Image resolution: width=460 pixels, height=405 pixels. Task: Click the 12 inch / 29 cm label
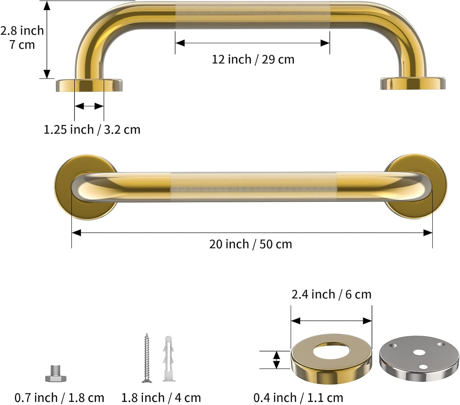(253, 59)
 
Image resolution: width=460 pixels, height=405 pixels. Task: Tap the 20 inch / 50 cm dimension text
(251, 244)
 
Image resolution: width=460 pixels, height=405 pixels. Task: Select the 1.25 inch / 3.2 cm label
(92, 130)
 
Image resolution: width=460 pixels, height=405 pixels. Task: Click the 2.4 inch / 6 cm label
(331, 294)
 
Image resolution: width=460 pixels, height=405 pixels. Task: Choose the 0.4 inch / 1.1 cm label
(298, 398)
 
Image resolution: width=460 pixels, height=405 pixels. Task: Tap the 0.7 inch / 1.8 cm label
(60, 398)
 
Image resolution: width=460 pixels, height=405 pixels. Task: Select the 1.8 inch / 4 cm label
(161, 398)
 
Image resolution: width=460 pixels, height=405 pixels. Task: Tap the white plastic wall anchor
(168, 359)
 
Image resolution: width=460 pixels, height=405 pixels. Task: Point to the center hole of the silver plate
(419, 353)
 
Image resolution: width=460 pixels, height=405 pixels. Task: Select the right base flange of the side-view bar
(413, 83)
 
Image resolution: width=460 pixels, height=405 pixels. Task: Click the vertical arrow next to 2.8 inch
(47, 40)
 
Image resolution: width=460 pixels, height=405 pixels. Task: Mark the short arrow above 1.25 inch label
(89, 106)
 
